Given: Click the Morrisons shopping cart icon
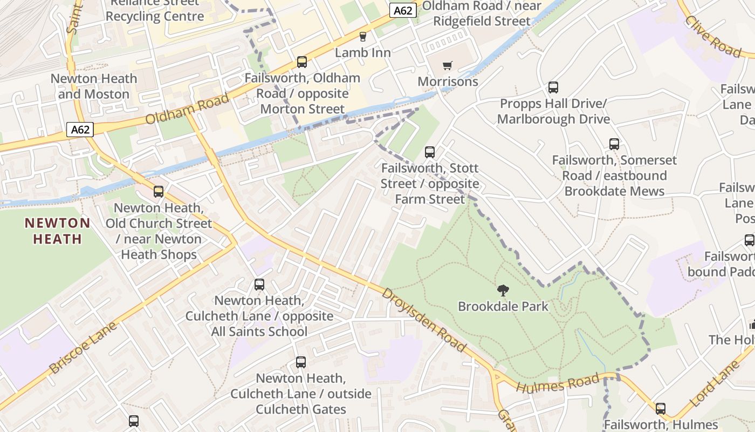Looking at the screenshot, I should [447, 66].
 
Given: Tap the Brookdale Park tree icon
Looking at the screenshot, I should [503, 291].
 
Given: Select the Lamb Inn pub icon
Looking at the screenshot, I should [362, 37].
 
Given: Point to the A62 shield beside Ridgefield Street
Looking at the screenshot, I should [403, 10].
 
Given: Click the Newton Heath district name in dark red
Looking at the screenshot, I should [57, 231].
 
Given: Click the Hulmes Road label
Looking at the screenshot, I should [558, 384].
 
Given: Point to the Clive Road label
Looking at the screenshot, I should [713, 36].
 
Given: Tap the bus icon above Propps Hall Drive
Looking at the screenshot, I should [553, 87].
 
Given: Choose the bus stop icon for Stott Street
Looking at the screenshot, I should [429, 152].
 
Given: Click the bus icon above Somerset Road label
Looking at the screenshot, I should [614, 144].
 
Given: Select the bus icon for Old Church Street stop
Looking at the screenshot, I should [158, 192].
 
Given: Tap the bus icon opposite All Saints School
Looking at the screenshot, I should [259, 285].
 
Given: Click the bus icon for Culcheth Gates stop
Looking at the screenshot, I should [300, 362].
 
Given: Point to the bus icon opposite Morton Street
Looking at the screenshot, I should [301, 62].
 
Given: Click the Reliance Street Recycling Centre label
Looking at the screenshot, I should [155, 10].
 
